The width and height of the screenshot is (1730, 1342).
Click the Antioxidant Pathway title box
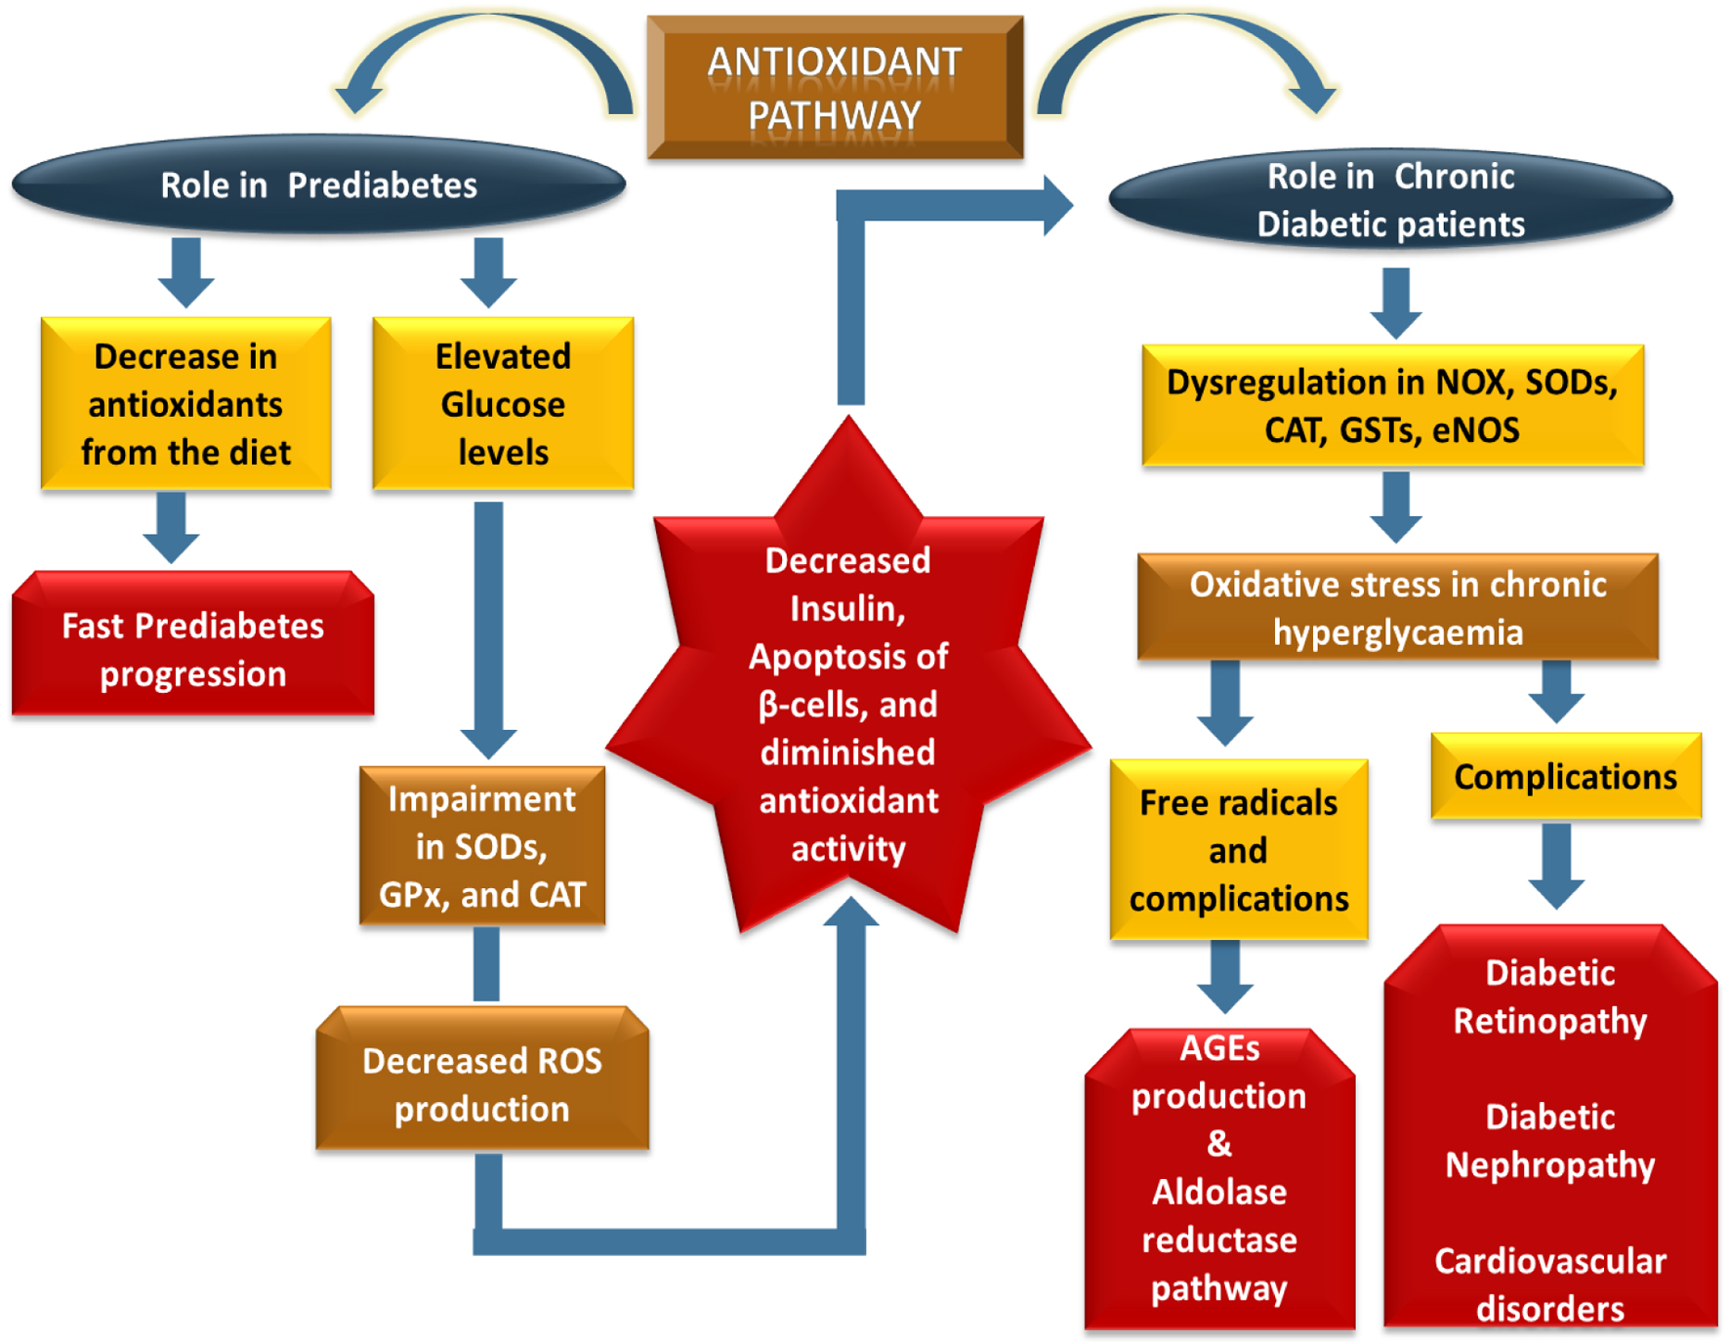pos(835,88)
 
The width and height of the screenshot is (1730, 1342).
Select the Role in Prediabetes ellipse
pos(318,184)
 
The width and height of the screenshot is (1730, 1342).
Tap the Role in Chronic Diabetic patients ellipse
pos(1390,200)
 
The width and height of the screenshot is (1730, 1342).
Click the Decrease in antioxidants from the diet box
pos(185,403)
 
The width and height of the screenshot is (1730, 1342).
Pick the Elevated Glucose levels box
pos(503,403)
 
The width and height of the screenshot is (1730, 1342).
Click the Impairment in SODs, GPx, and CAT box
pos(482,846)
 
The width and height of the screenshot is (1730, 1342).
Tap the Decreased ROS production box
pos(482,1083)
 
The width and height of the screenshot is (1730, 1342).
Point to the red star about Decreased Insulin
pos(847,703)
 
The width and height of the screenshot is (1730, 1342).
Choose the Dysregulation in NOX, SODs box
pos(1392,405)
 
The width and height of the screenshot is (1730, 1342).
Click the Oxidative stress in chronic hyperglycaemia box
pos(1397,608)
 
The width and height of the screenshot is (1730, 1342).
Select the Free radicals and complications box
pos(1238,850)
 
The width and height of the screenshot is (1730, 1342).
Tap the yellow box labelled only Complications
pos(1565,777)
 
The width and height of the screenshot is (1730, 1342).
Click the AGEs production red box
pos(1219,1171)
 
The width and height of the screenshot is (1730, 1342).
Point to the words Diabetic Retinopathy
pos(1550,996)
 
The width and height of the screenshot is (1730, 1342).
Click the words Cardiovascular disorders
pos(1550,1284)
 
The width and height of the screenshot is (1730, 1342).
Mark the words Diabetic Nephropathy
pos(1550,1141)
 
